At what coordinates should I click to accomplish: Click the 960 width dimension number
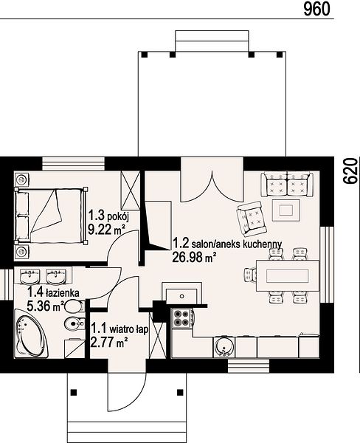click(316, 9)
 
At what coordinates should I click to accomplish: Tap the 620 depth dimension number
click(350, 171)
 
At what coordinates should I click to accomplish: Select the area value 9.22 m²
click(106, 230)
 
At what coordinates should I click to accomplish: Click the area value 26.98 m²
click(194, 257)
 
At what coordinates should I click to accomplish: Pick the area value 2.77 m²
click(109, 343)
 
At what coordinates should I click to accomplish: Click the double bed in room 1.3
click(51, 216)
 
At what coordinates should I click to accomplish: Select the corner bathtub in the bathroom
click(31, 334)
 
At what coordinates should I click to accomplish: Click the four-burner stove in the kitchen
click(182, 318)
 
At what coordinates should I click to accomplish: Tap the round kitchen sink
click(224, 346)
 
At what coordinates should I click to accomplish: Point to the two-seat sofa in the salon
click(287, 183)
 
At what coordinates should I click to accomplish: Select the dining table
click(288, 275)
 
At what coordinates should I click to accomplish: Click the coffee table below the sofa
click(286, 210)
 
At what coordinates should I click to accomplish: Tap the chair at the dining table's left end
click(250, 275)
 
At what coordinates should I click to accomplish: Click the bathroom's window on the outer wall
click(6, 285)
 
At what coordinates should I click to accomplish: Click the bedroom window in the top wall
click(74, 164)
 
